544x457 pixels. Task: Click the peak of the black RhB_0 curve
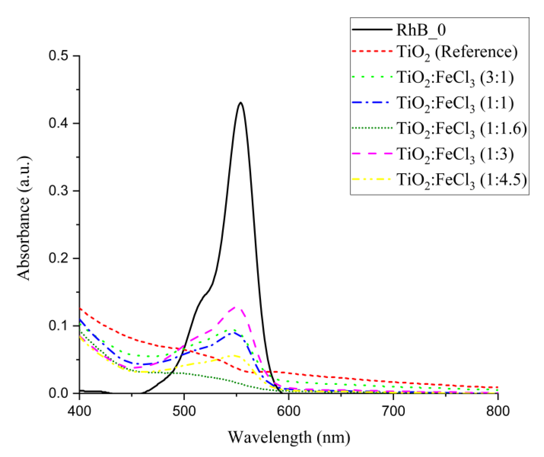[x=241, y=103]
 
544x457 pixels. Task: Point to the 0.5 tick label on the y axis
[x=60, y=56]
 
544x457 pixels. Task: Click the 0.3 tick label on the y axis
[x=60, y=191]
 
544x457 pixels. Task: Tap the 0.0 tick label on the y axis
[x=60, y=393]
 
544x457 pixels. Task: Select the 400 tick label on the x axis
[x=79, y=411]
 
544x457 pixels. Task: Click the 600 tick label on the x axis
[x=288, y=411]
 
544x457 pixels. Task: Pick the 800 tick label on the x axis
[x=498, y=411]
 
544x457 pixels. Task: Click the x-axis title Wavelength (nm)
[x=289, y=437]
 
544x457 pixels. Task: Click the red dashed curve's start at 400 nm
[x=80, y=308]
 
